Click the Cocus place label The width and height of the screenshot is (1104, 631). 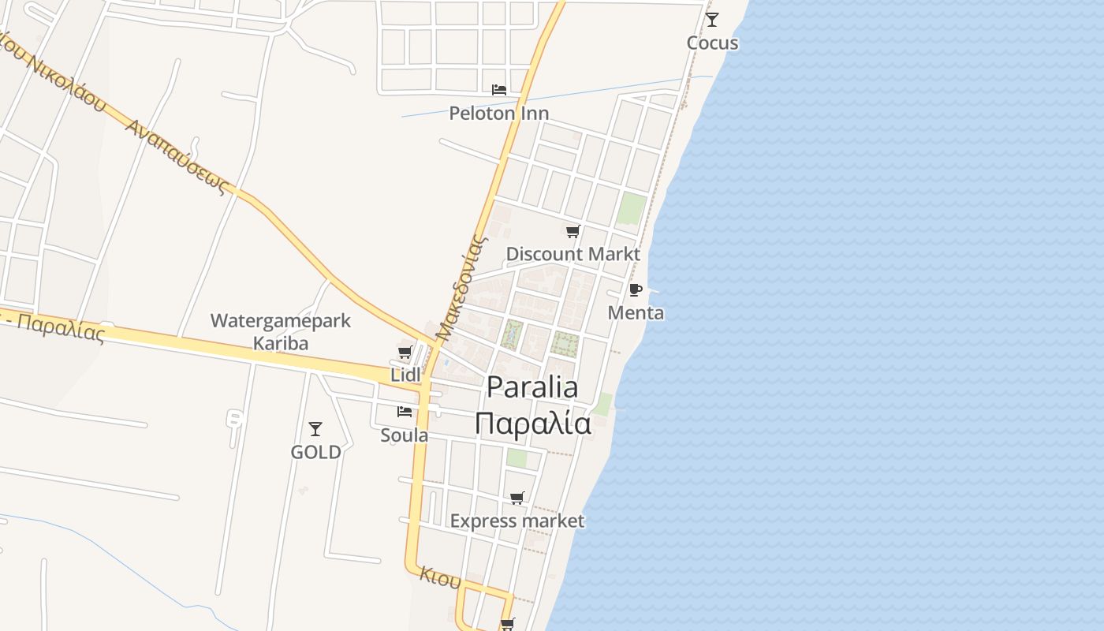712,43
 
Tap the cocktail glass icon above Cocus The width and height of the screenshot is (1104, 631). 712,19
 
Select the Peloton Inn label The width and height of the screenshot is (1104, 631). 498,113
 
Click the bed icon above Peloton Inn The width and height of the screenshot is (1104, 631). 498,89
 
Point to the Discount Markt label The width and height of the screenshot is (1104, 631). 573,254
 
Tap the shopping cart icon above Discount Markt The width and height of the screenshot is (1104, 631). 573,231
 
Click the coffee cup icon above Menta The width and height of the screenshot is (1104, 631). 636,289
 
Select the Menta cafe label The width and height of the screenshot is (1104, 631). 636,313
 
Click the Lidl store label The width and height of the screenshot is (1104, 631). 405,375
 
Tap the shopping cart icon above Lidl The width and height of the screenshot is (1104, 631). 405,352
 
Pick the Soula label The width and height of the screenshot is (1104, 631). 405,435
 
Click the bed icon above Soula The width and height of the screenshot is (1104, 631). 405,411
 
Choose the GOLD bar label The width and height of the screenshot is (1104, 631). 315,452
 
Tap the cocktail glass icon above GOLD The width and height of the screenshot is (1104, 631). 315,428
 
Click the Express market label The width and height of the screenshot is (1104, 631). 517,521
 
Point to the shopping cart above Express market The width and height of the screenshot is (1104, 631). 517,498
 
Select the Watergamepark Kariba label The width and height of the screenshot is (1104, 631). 280,332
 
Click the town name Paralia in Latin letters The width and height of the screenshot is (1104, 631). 532,387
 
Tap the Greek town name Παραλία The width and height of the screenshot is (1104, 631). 533,424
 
